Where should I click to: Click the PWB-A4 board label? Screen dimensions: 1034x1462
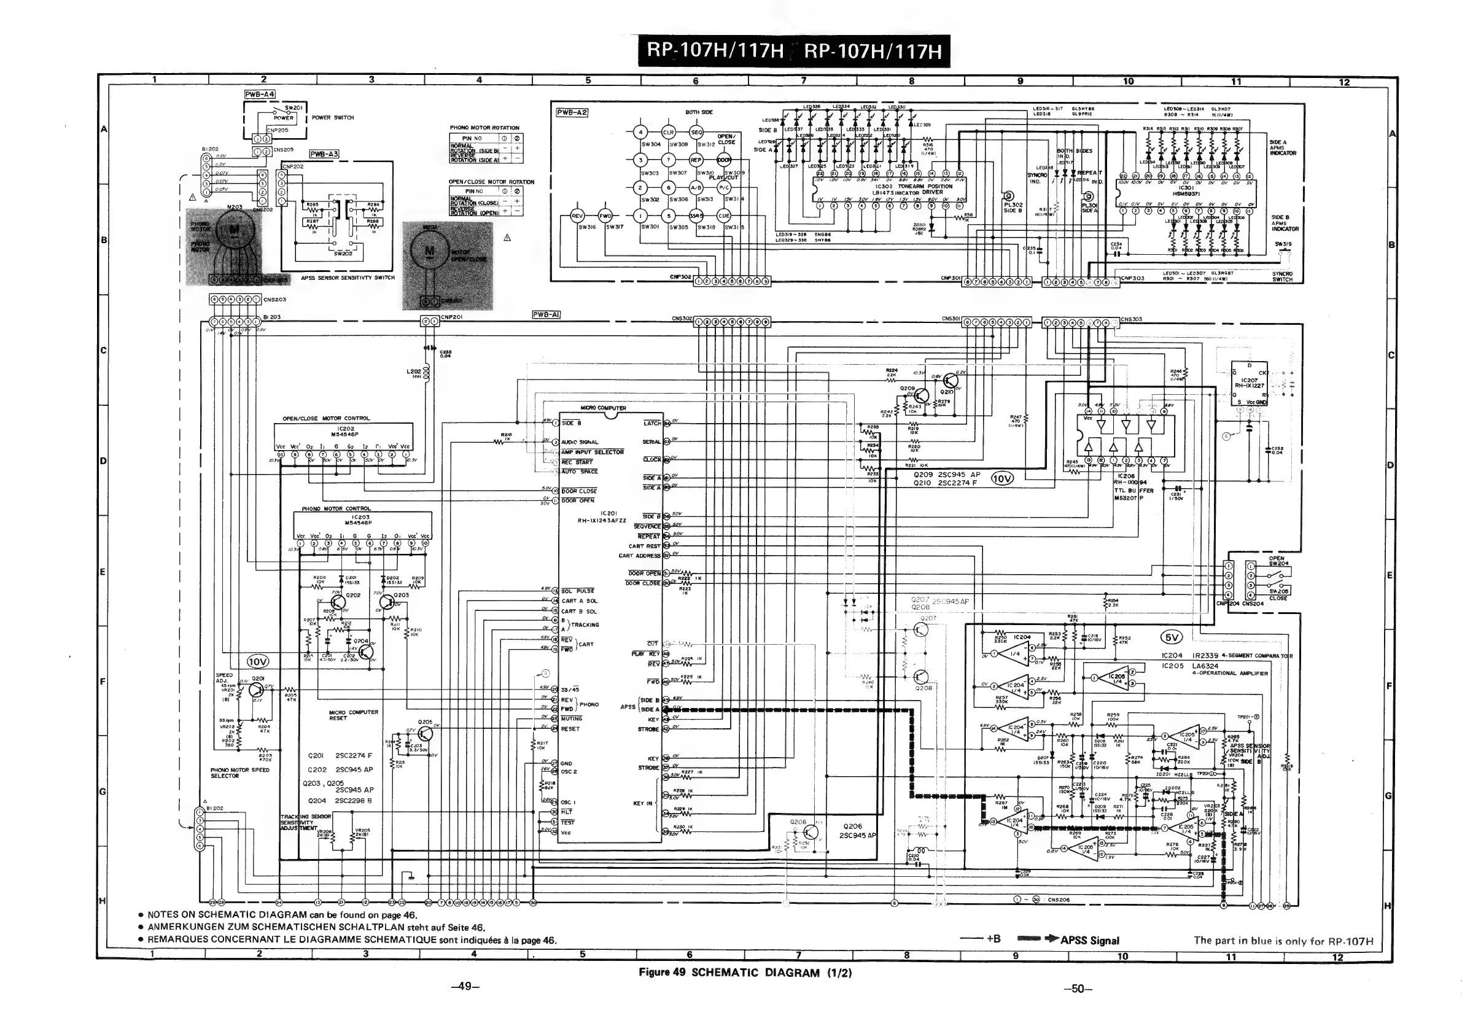click(259, 94)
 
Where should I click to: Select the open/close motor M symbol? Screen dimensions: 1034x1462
click(429, 251)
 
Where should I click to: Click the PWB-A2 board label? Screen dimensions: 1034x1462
click(572, 113)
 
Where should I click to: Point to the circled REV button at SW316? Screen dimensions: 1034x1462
click(577, 216)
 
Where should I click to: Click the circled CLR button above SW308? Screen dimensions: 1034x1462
click(668, 133)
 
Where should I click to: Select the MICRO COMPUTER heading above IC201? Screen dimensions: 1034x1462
click(603, 408)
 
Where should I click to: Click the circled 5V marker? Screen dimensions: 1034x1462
click(1172, 637)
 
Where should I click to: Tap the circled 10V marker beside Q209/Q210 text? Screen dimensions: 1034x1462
click(1001, 479)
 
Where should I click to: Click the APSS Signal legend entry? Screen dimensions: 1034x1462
click(1089, 941)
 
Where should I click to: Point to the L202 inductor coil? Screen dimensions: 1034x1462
click(426, 374)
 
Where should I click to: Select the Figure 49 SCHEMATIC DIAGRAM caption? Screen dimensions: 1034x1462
click(745, 972)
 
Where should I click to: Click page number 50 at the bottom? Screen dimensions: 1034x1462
click(1078, 989)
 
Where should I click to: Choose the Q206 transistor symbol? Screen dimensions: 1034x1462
click(811, 832)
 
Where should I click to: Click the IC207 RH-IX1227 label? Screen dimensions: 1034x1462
click(1249, 383)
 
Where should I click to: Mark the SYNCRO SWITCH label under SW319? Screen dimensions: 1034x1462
click(1282, 276)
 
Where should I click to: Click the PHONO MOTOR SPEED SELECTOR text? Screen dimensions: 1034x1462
click(240, 773)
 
